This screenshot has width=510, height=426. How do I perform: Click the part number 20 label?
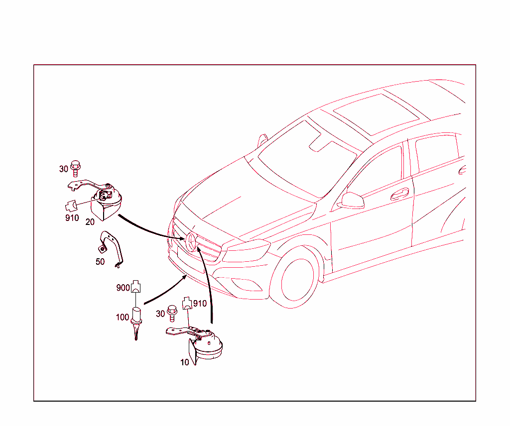(90, 222)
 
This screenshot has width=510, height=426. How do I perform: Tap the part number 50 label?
(100, 262)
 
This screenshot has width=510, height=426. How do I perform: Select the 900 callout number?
(124, 288)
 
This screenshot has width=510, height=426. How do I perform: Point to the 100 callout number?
(123, 317)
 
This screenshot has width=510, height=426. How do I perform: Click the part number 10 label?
(184, 362)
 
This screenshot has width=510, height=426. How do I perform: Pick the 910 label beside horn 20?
(72, 217)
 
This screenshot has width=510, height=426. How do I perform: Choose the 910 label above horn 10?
(200, 304)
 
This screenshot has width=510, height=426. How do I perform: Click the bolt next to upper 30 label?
(76, 168)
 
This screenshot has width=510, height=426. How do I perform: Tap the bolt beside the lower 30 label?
(172, 313)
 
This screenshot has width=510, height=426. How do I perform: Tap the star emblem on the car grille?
(191, 242)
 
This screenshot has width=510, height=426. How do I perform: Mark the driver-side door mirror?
(352, 201)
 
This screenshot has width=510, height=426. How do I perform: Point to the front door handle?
(400, 194)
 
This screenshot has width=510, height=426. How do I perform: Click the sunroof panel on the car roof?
(376, 114)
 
